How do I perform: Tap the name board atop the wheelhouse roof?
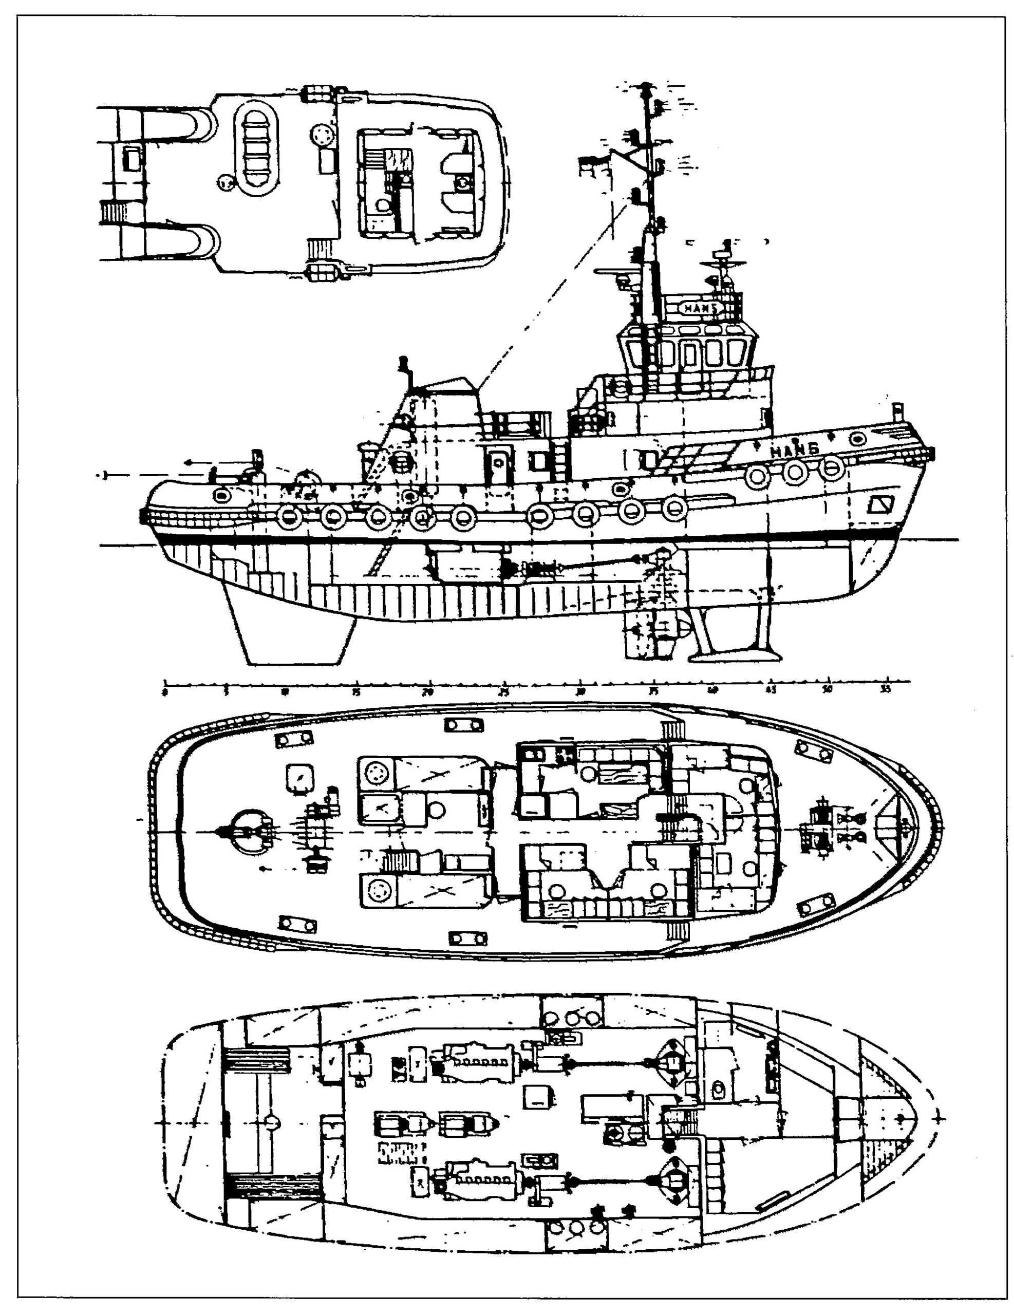click(x=702, y=308)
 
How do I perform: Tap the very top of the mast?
click(x=647, y=84)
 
